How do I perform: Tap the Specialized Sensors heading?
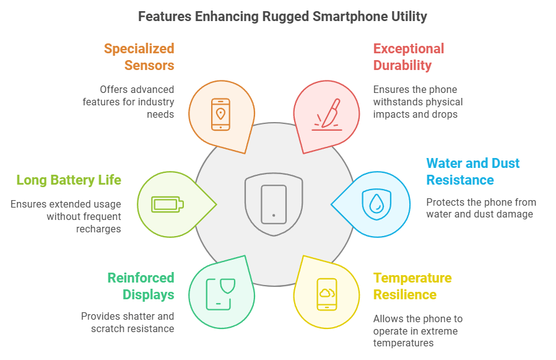pyautogui.click(x=139, y=57)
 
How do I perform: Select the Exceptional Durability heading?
pyautogui.click(x=408, y=57)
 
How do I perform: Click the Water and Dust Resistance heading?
pyautogui.click(x=472, y=172)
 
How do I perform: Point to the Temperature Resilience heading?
pyautogui.click(x=412, y=286)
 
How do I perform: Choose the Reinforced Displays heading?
pyautogui.click(x=141, y=286)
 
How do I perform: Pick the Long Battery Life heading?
pyautogui.click(x=68, y=180)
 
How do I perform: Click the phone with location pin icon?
pyautogui.click(x=220, y=114)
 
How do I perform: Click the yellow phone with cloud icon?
pyautogui.click(x=327, y=294)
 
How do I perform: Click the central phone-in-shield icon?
pyautogui.click(x=274, y=203)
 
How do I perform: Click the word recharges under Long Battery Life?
pyautogui.click(x=100, y=229)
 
